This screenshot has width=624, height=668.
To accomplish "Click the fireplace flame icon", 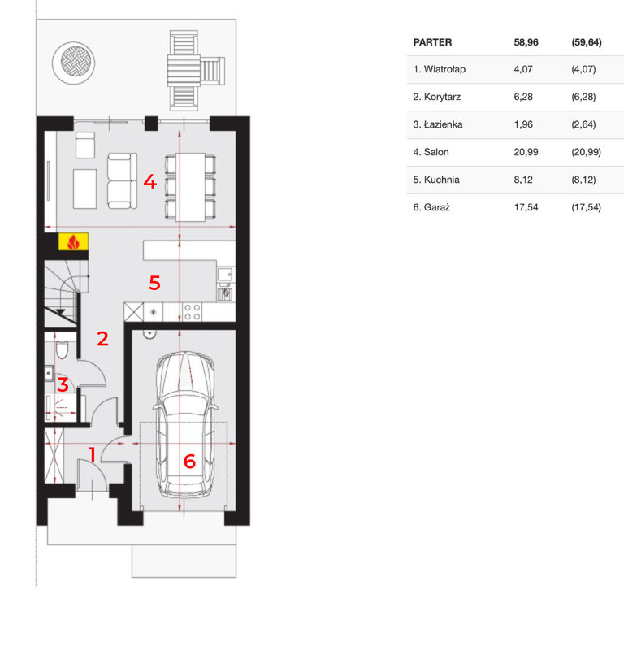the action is (73, 241).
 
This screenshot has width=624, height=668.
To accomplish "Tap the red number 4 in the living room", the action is (150, 181).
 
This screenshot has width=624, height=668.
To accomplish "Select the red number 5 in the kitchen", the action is (154, 283).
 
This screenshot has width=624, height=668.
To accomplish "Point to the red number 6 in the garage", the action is (189, 462).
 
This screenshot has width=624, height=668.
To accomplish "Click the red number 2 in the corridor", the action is (102, 339).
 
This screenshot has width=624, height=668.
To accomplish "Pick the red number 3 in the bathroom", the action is (63, 384).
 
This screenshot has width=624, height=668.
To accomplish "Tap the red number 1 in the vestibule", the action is (92, 454).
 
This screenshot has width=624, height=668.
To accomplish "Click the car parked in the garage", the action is (185, 424).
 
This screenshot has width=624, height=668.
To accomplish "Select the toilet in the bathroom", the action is (63, 349).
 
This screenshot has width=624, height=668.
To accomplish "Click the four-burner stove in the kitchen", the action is (192, 312).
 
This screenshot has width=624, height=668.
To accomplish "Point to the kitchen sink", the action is (225, 275).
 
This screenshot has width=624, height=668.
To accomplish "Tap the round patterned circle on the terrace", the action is (74, 63).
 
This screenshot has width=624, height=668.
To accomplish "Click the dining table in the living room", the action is (190, 188).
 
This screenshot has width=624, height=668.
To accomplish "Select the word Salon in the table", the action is (436, 152).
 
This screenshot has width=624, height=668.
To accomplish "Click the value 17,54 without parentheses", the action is (526, 207).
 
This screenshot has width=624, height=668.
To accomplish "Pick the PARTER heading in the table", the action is (432, 42).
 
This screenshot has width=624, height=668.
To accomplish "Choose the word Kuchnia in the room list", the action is (442, 180).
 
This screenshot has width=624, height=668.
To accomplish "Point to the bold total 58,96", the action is (526, 42).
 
